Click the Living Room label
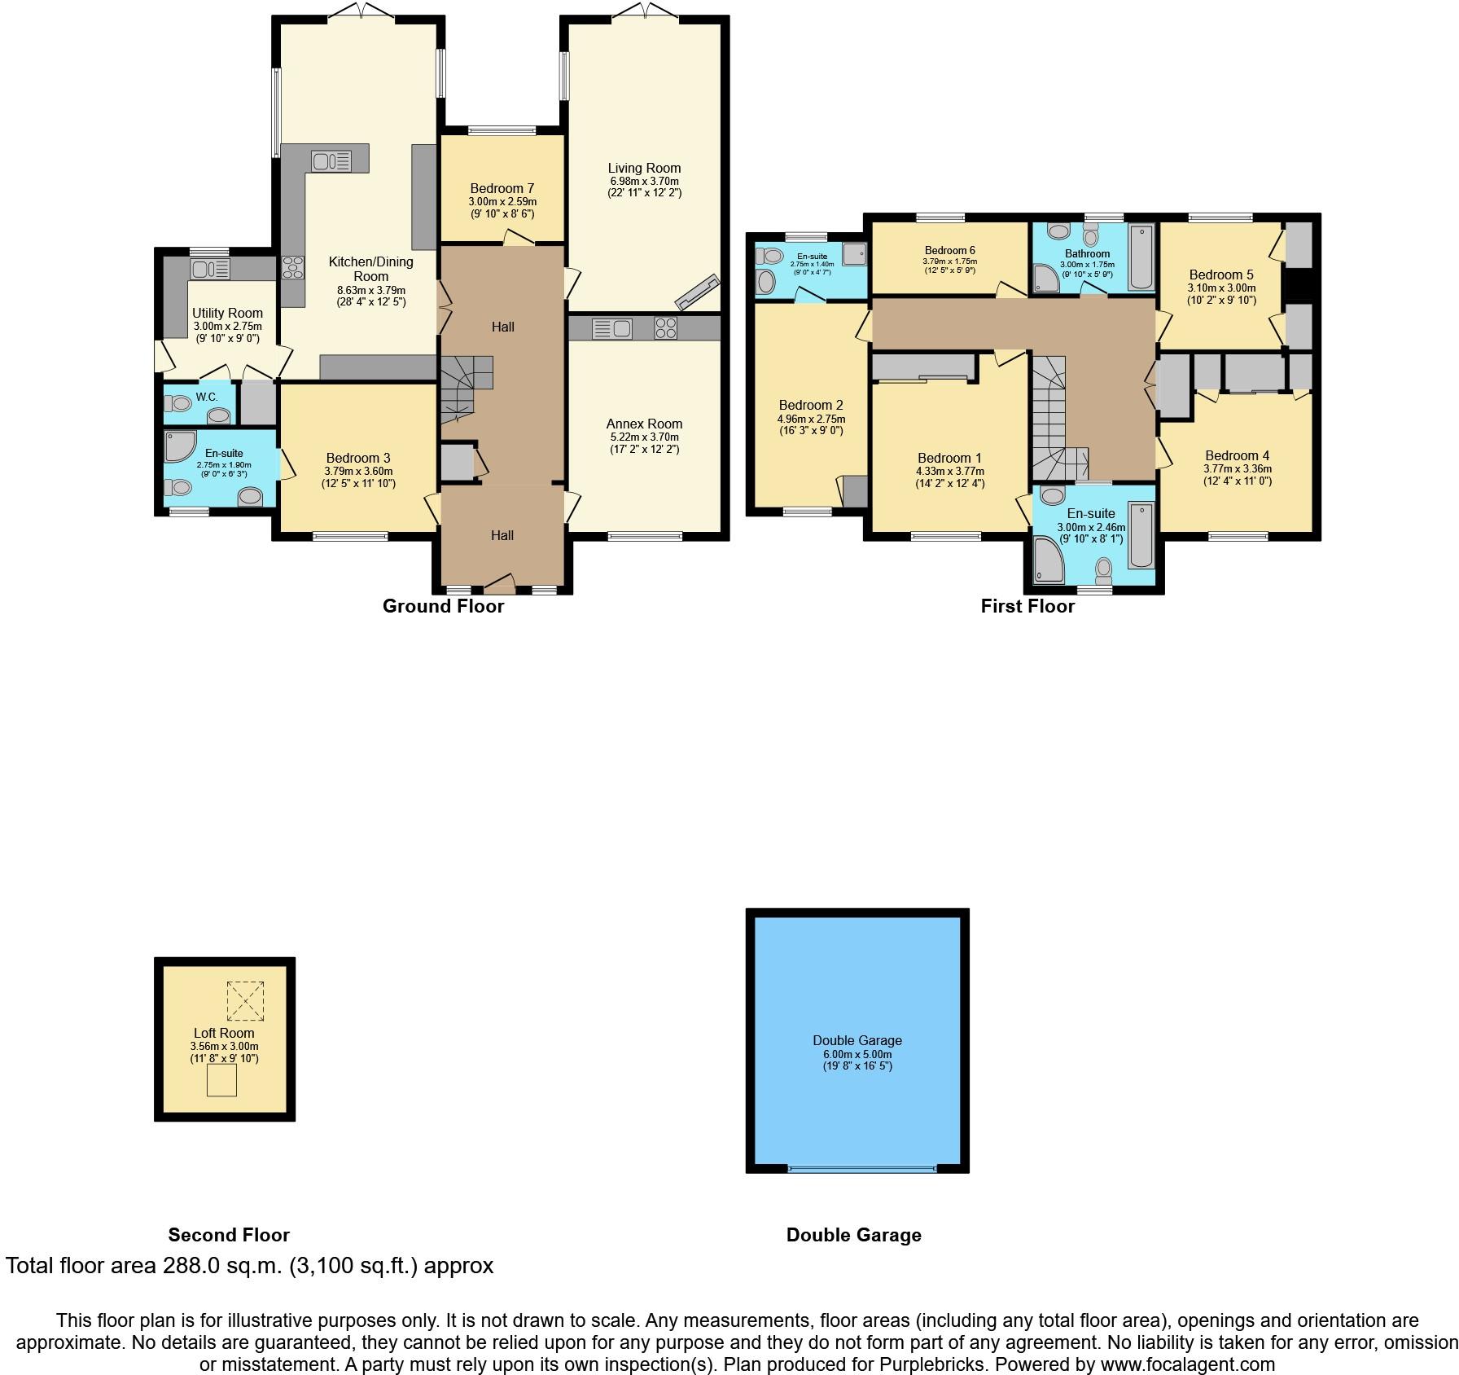point(644,168)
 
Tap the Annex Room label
point(644,424)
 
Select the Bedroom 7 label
point(502,188)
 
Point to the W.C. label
point(206,397)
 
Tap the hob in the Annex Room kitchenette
point(665,328)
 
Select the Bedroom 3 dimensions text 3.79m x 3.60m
point(358,471)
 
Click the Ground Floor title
point(443,606)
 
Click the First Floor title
point(1027,606)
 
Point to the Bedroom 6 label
point(949,250)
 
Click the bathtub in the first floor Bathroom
point(1141,258)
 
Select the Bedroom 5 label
point(1221,275)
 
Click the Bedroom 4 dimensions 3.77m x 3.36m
point(1238,468)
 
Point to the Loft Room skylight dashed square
point(245,1000)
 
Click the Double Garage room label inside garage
point(857,1040)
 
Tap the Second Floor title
point(229,1235)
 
